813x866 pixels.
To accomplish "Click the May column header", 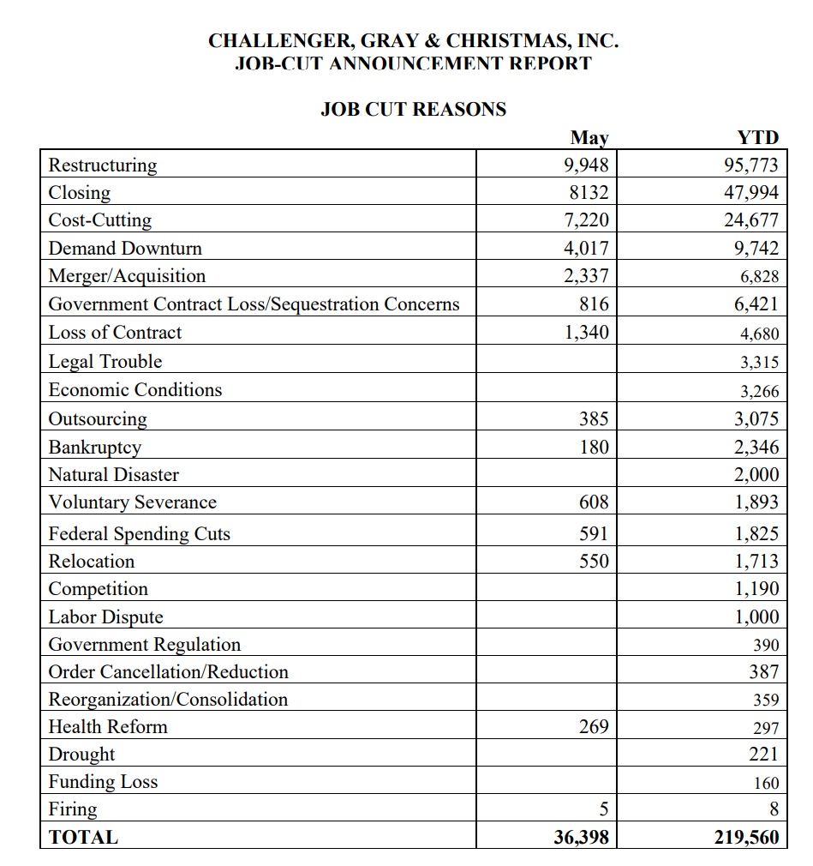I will click(589, 137).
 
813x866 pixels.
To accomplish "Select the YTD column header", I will click(758, 137).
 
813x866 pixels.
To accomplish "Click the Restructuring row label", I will click(103, 165).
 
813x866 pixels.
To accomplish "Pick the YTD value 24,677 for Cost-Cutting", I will click(751, 220).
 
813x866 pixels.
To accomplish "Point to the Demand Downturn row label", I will click(125, 249).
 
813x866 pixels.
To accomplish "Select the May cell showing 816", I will click(594, 304).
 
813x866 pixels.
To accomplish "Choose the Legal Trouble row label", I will click(105, 362).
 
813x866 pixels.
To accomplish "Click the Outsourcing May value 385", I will click(594, 419).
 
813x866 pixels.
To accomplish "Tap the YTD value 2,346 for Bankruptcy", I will click(756, 447).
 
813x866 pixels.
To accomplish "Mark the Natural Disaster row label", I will click(113, 474).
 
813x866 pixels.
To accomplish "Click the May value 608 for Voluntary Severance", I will click(594, 502).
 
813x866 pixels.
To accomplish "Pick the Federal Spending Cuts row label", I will click(139, 533).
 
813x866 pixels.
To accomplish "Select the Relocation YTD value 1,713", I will click(756, 562).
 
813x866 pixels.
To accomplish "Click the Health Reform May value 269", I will click(594, 727).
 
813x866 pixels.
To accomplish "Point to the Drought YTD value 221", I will click(764, 755).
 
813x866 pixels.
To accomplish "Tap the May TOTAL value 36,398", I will click(582, 838).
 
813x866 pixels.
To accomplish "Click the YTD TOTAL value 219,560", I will click(747, 838).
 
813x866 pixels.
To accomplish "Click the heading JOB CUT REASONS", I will click(413, 110).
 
